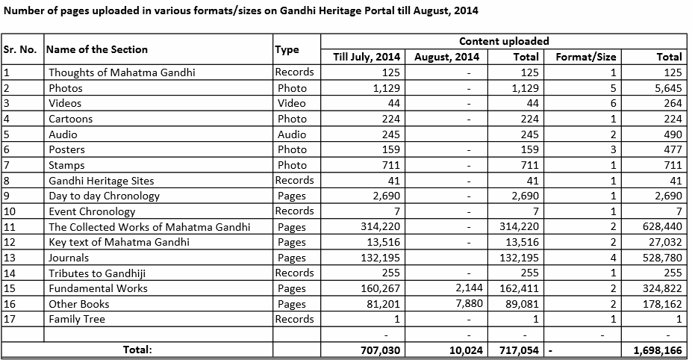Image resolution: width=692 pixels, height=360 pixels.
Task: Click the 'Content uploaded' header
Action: tap(503, 41)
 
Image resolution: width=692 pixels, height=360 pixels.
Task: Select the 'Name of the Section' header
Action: tap(97, 49)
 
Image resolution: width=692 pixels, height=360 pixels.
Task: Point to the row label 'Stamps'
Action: tap(66, 165)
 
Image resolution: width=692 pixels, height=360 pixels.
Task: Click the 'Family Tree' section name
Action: tap(77, 319)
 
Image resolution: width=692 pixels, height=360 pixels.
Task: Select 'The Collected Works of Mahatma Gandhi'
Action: tap(149, 227)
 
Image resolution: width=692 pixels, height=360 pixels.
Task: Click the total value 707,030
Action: tap(378, 350)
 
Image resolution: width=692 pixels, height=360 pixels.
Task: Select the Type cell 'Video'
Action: tap(291, 103)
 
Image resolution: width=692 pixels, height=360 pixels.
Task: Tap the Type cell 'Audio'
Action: tap(291, 134)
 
